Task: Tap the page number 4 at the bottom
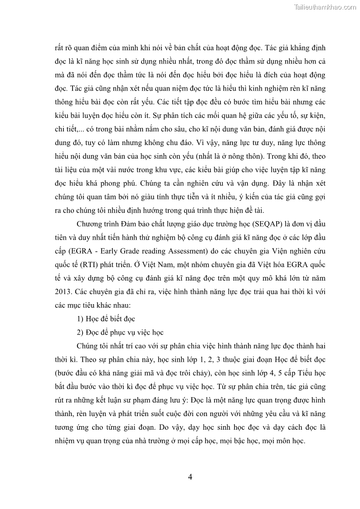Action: pos(190,477)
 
